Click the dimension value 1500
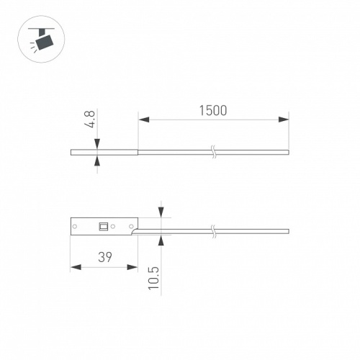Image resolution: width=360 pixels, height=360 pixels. tap(212, 110)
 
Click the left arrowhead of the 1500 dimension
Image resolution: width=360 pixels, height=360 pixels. tap(142, 119)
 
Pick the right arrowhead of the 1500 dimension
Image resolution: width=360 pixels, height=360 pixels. tap(284, 119)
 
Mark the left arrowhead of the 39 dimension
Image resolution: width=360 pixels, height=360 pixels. tap(74, 267)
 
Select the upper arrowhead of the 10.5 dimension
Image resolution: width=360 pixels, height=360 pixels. tap(161, 212)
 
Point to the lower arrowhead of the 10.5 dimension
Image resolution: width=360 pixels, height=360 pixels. tap(161, 238)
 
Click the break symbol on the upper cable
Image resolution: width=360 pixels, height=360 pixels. tap(213, 152)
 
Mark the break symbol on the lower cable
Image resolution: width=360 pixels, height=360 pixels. tap(213, 230)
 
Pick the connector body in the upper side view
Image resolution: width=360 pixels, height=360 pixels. tap(104, 152)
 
